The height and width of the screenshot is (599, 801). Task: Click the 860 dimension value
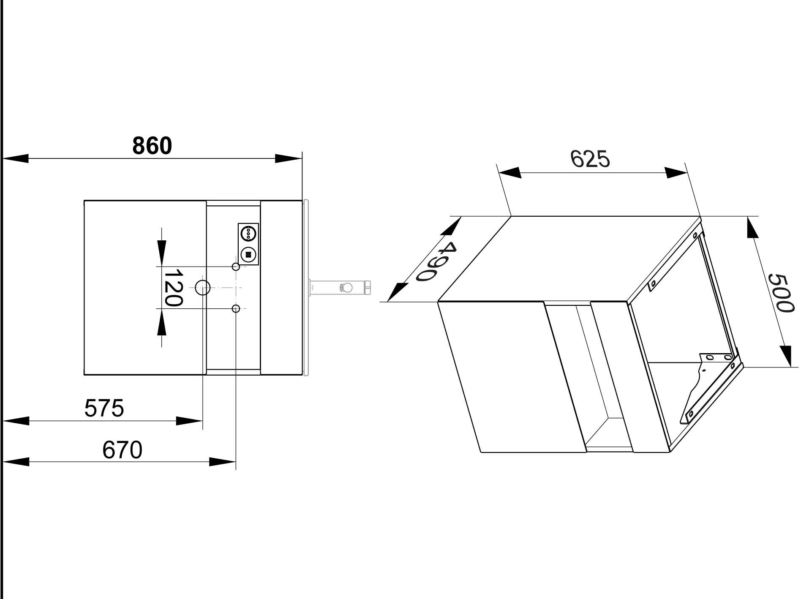152,146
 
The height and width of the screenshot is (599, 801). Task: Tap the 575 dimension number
104,408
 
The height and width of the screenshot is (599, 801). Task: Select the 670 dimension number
122,450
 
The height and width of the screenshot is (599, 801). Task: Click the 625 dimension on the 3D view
590,159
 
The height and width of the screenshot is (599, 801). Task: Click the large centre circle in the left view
203,288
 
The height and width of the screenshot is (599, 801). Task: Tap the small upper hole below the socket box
236,267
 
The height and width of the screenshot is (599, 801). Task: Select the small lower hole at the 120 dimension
236,309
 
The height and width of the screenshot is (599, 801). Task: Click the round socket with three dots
248,232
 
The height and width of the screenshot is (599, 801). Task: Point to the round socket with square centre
248,255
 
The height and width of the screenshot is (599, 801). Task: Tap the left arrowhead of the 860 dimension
16,159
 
